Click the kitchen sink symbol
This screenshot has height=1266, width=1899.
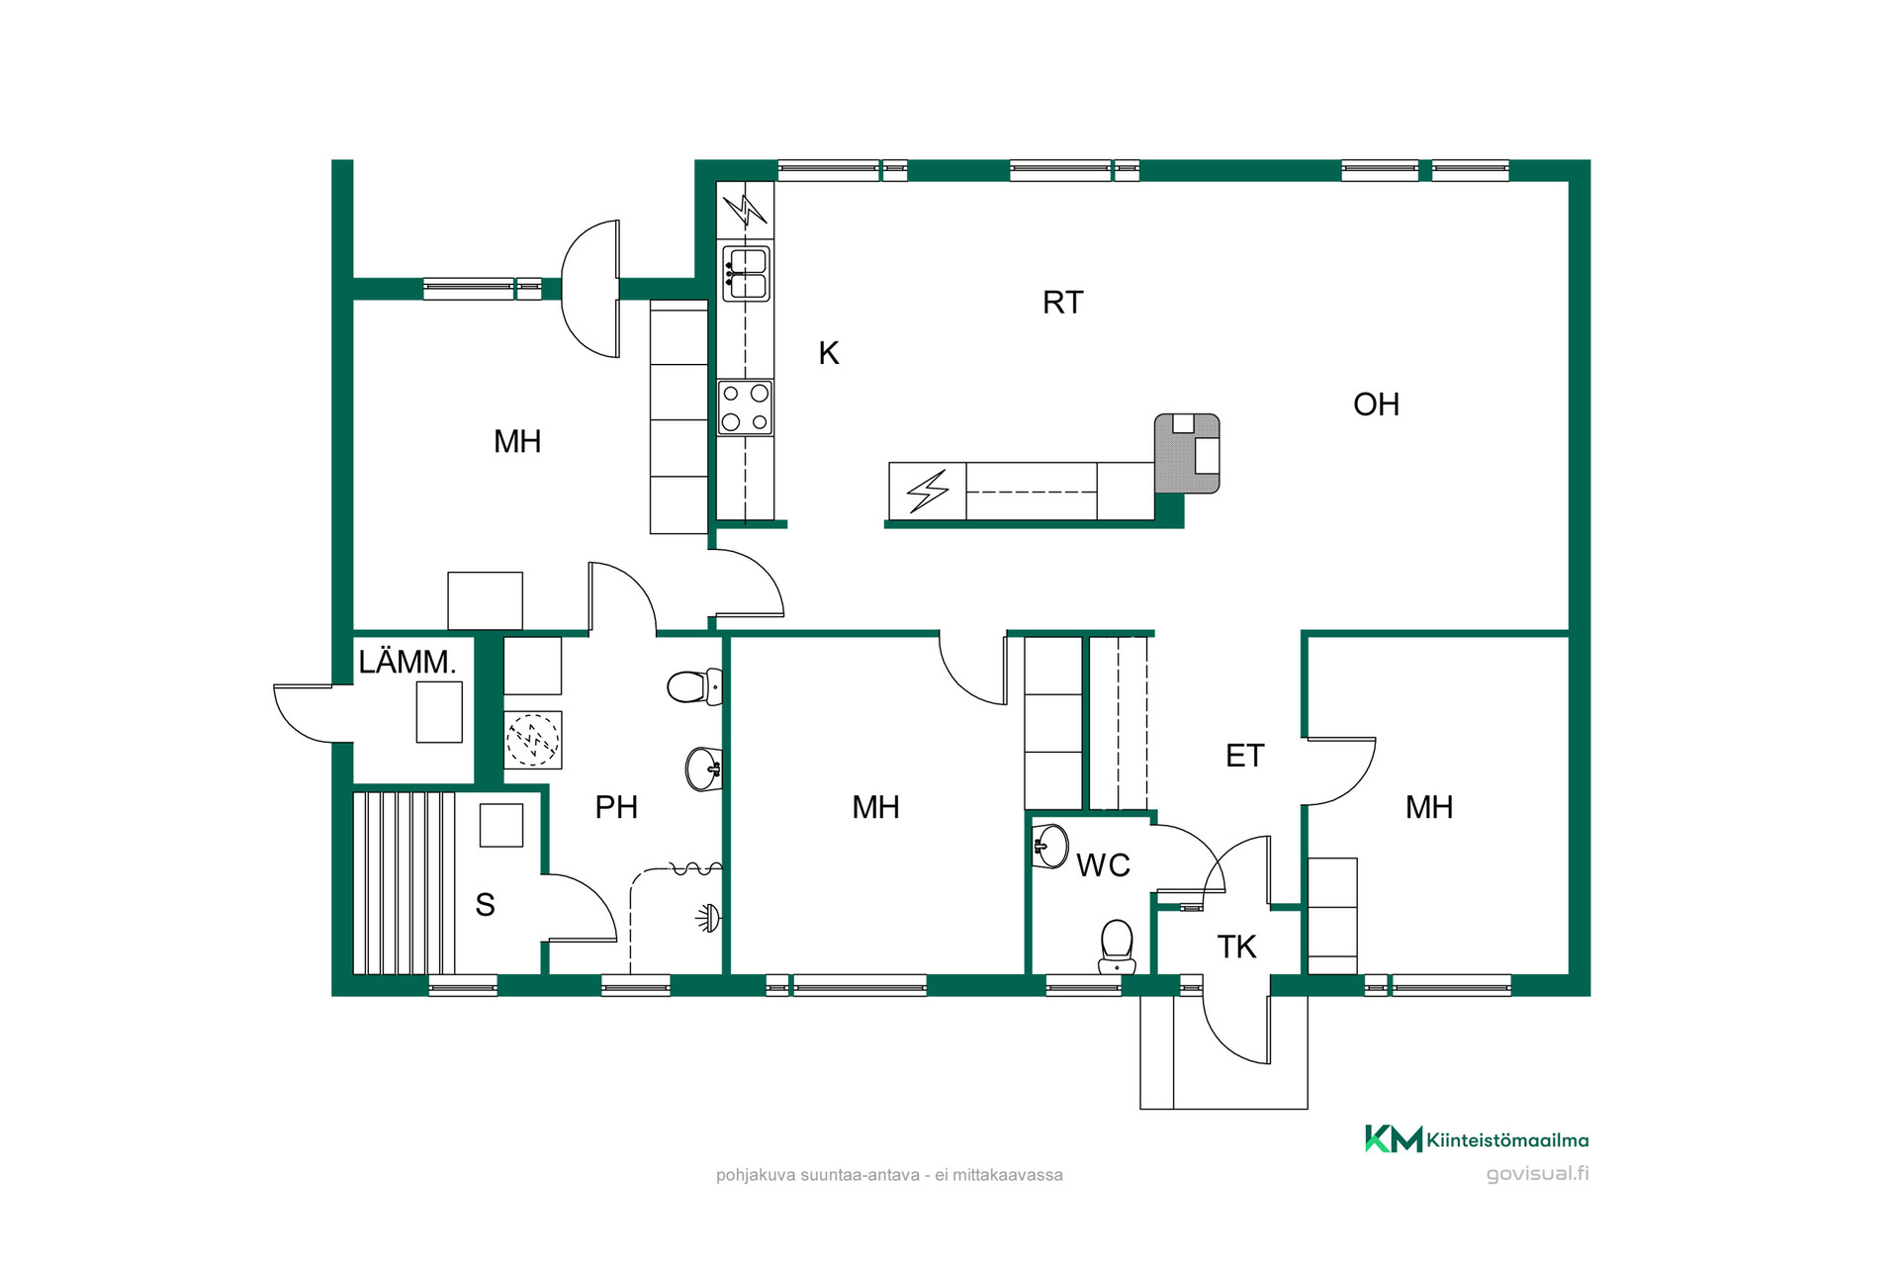(x=746, y=274)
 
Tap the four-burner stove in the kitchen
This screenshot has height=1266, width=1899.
(x=745, y=407)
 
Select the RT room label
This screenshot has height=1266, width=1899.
(x=1063, y=303)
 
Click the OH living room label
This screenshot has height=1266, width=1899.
(x=1376, y=405)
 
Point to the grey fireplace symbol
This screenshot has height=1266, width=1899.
(x=1187, y=453)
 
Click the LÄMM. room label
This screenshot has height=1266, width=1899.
(x=407, y=662)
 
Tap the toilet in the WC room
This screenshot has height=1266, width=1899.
(x=1117, y=947)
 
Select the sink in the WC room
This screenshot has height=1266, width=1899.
(x=1050, y=847)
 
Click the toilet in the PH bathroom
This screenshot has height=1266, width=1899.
(x=694, y=686)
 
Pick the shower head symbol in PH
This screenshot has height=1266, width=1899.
(x=708, y=918)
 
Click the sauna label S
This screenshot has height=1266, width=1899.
(x=485, y=905)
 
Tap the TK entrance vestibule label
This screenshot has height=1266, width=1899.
(x=1236, y=948)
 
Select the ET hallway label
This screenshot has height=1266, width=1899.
(x=1244, y=756)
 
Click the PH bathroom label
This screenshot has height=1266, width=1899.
(x=616, y=807)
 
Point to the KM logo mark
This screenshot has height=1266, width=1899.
(x=1394, y=1139)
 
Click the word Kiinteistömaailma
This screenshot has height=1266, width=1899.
(x=1507, y=1140)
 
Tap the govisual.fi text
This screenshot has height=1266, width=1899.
(x=1537, y=1174)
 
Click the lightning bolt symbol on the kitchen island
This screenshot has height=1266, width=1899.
(x=928, y=490)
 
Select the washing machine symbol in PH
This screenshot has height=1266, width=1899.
(x=533, y=740)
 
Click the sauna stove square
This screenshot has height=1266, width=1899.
(x=501, y=825)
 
